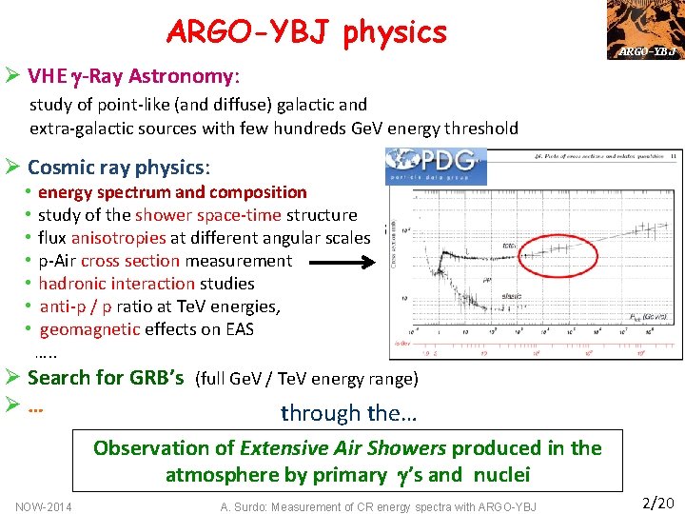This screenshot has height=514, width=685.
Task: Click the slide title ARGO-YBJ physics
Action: point(305,31)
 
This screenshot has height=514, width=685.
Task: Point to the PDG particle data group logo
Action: point(437,166)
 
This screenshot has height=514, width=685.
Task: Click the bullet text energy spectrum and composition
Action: point(172,192)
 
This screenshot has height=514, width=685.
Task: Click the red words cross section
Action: point(130,261)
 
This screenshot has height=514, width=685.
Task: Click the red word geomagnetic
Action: point(90,329)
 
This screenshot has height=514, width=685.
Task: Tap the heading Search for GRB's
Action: point(106,377)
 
